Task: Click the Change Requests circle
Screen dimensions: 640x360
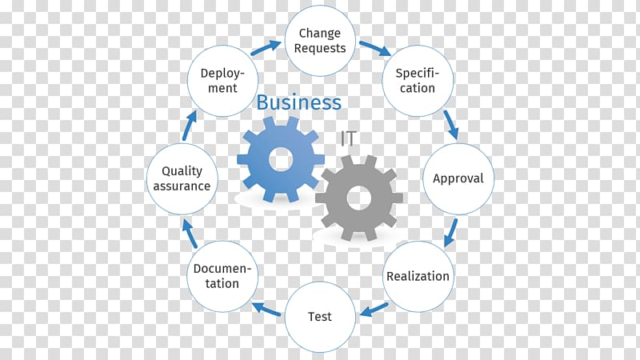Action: click(320, 41)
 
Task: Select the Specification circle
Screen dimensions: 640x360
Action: click(418, 81)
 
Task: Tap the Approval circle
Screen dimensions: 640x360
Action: click(458, 178)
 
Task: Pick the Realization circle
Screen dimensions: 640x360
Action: click(418, 276)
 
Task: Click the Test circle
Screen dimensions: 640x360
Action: click(320, 317)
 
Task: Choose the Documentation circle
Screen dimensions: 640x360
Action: click(222, 276)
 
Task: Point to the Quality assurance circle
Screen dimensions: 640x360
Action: click(182, 178)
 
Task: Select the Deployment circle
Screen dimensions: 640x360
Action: click(222, 81)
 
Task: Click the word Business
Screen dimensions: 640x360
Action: click(298, 102)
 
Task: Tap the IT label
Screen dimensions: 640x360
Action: click(349, 138)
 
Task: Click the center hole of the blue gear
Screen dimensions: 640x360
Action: click(281, 159)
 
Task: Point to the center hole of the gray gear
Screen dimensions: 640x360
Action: click(359, 198)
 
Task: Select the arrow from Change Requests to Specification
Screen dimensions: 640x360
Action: click(375, 48)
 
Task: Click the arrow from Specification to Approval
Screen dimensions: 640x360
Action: click(451, 125)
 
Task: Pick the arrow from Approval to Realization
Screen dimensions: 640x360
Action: click(450, 233)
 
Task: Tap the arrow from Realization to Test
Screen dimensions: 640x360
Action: click(374, 310)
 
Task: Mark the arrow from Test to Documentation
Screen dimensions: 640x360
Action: click(266, 309)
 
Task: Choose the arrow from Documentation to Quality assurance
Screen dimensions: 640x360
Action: click(190, 234)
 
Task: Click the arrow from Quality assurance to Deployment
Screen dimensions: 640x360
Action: click(190, 126)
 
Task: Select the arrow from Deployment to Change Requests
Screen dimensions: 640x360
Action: click(266, 48)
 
